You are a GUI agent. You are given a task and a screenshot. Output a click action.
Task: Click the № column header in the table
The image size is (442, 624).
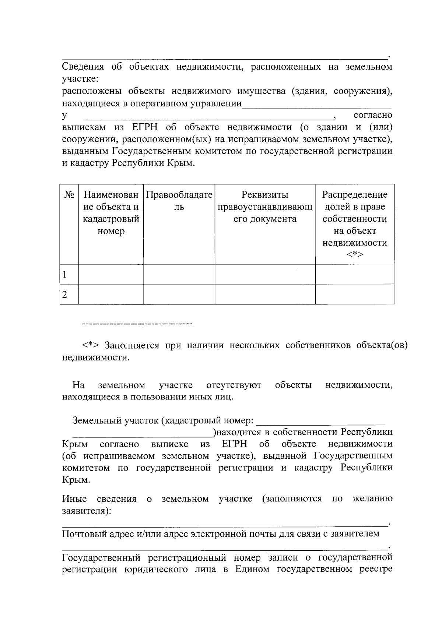[x=69, y=194]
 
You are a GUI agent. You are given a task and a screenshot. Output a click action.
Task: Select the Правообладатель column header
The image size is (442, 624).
[x=179, y=201]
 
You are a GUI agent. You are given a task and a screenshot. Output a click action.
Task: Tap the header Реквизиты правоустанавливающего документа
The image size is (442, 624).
[x=265, y=207]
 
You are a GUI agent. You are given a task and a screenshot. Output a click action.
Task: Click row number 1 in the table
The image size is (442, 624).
[x=65, y=274]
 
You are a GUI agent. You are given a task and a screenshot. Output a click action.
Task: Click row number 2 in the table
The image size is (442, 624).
[x=65, y=295]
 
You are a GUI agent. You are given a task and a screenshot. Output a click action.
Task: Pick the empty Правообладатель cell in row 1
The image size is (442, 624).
[x=179, y=274]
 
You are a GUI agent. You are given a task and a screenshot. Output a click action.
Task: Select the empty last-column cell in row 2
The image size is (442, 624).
[x=355, y=294]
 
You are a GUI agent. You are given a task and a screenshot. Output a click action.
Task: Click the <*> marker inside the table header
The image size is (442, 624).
[x=355, y=255]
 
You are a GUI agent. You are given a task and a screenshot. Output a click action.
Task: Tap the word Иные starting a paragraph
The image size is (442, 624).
[x=74, y=499]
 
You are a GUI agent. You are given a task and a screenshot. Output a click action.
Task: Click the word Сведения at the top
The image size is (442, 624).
[x=83, y=67]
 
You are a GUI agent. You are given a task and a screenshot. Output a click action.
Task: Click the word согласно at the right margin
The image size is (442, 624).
[x=373, y=115]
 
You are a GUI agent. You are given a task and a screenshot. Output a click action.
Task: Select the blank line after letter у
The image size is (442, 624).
[x=208, y=117]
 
